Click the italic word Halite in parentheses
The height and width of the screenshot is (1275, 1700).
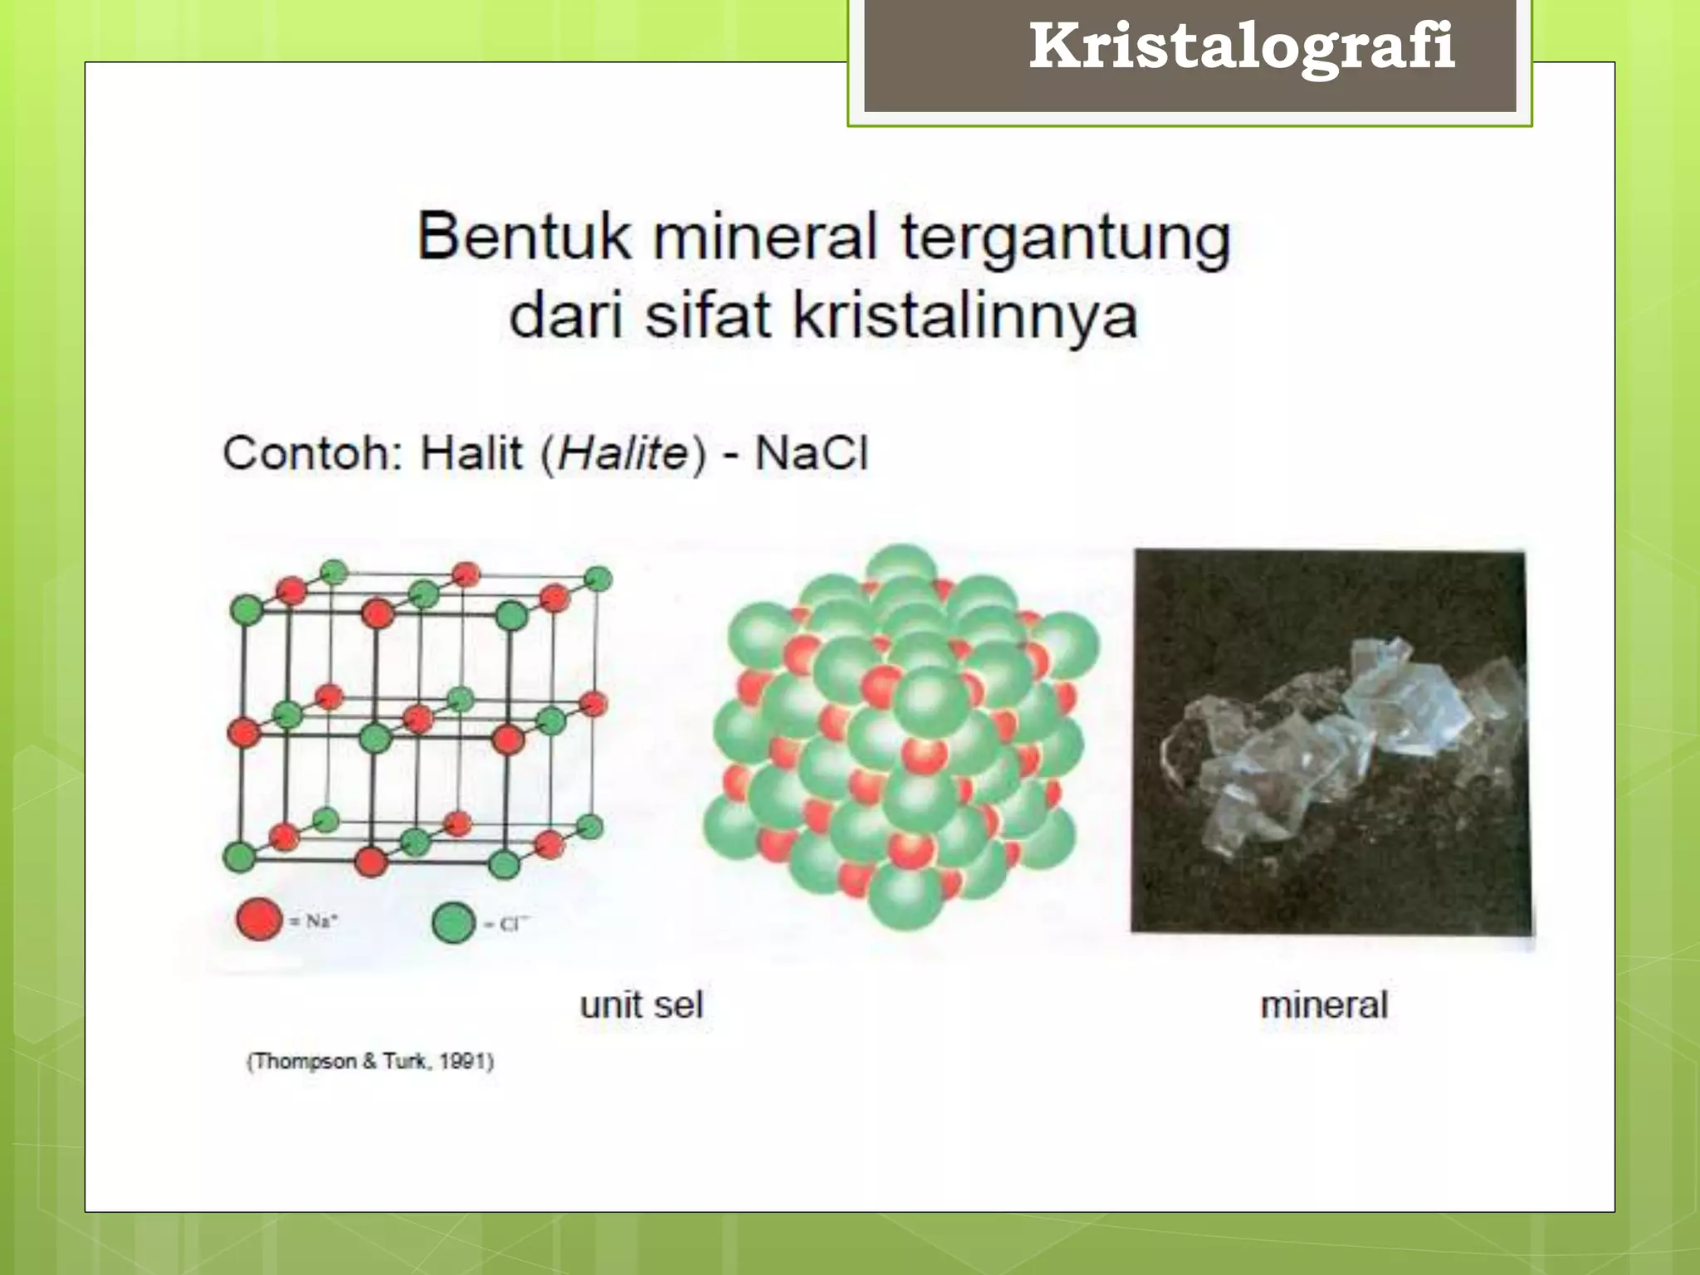tap(623, 454)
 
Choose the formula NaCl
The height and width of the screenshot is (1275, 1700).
tap(811, 454)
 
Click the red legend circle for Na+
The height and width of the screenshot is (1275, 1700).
tap(259, 919)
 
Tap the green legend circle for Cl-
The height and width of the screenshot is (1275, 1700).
tap(454, 922)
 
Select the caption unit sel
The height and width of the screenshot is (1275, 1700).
tap(641, 1005)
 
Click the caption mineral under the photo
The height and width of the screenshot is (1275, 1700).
tap(1324, 1005)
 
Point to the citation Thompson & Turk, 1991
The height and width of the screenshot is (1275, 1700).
tap(370, 1062)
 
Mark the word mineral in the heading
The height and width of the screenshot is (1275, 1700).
tap(765, 237)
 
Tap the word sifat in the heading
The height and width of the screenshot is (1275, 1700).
tap(708, 316)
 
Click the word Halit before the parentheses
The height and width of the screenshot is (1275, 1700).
tap(471, 454)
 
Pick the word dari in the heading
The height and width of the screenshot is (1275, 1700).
tap(565, 316)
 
